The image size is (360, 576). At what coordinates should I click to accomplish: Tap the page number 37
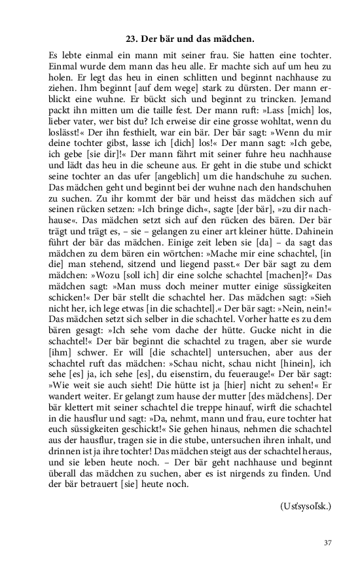pyautogui.click(x=328, y=543)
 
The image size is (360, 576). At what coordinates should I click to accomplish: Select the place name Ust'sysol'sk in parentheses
pyautogui.click(x=306, y=506)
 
